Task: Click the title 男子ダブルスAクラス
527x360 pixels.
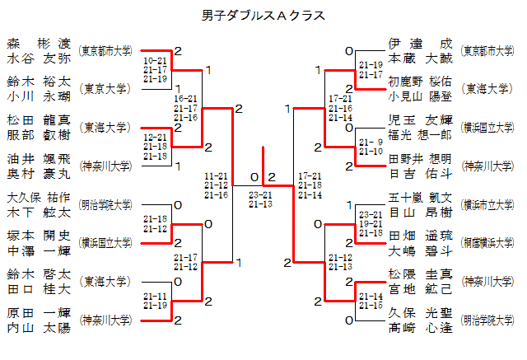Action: click(x=263, y=16)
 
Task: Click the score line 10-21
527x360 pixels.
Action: click(x=155, y=61)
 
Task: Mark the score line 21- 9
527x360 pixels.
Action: click(x=371, y=143)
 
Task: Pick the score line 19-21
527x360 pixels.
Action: click(x=371, y=223)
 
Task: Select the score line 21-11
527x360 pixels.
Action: click(x=155, y=296)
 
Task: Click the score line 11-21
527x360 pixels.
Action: click(x=217, y=176)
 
